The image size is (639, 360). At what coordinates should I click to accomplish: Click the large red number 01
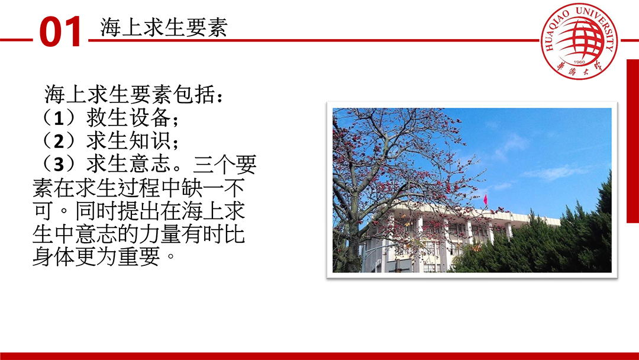point(60,32)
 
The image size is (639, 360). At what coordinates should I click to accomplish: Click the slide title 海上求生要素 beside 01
point(164,28)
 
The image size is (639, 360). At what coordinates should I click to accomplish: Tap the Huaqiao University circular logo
point(579,41)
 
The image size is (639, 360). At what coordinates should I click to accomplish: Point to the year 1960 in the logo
point(579,62)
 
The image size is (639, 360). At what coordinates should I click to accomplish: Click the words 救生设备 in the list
point(128,118)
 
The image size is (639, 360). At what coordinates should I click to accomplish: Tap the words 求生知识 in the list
point(128,141)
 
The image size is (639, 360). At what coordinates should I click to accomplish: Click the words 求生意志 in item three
point(128,164)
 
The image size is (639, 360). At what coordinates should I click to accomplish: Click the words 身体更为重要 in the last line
point(96,257)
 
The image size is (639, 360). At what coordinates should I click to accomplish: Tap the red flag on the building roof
point(485,200)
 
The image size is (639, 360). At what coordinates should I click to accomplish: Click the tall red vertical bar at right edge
point(632,141)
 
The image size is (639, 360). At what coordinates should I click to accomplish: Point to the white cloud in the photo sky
point(555,172)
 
